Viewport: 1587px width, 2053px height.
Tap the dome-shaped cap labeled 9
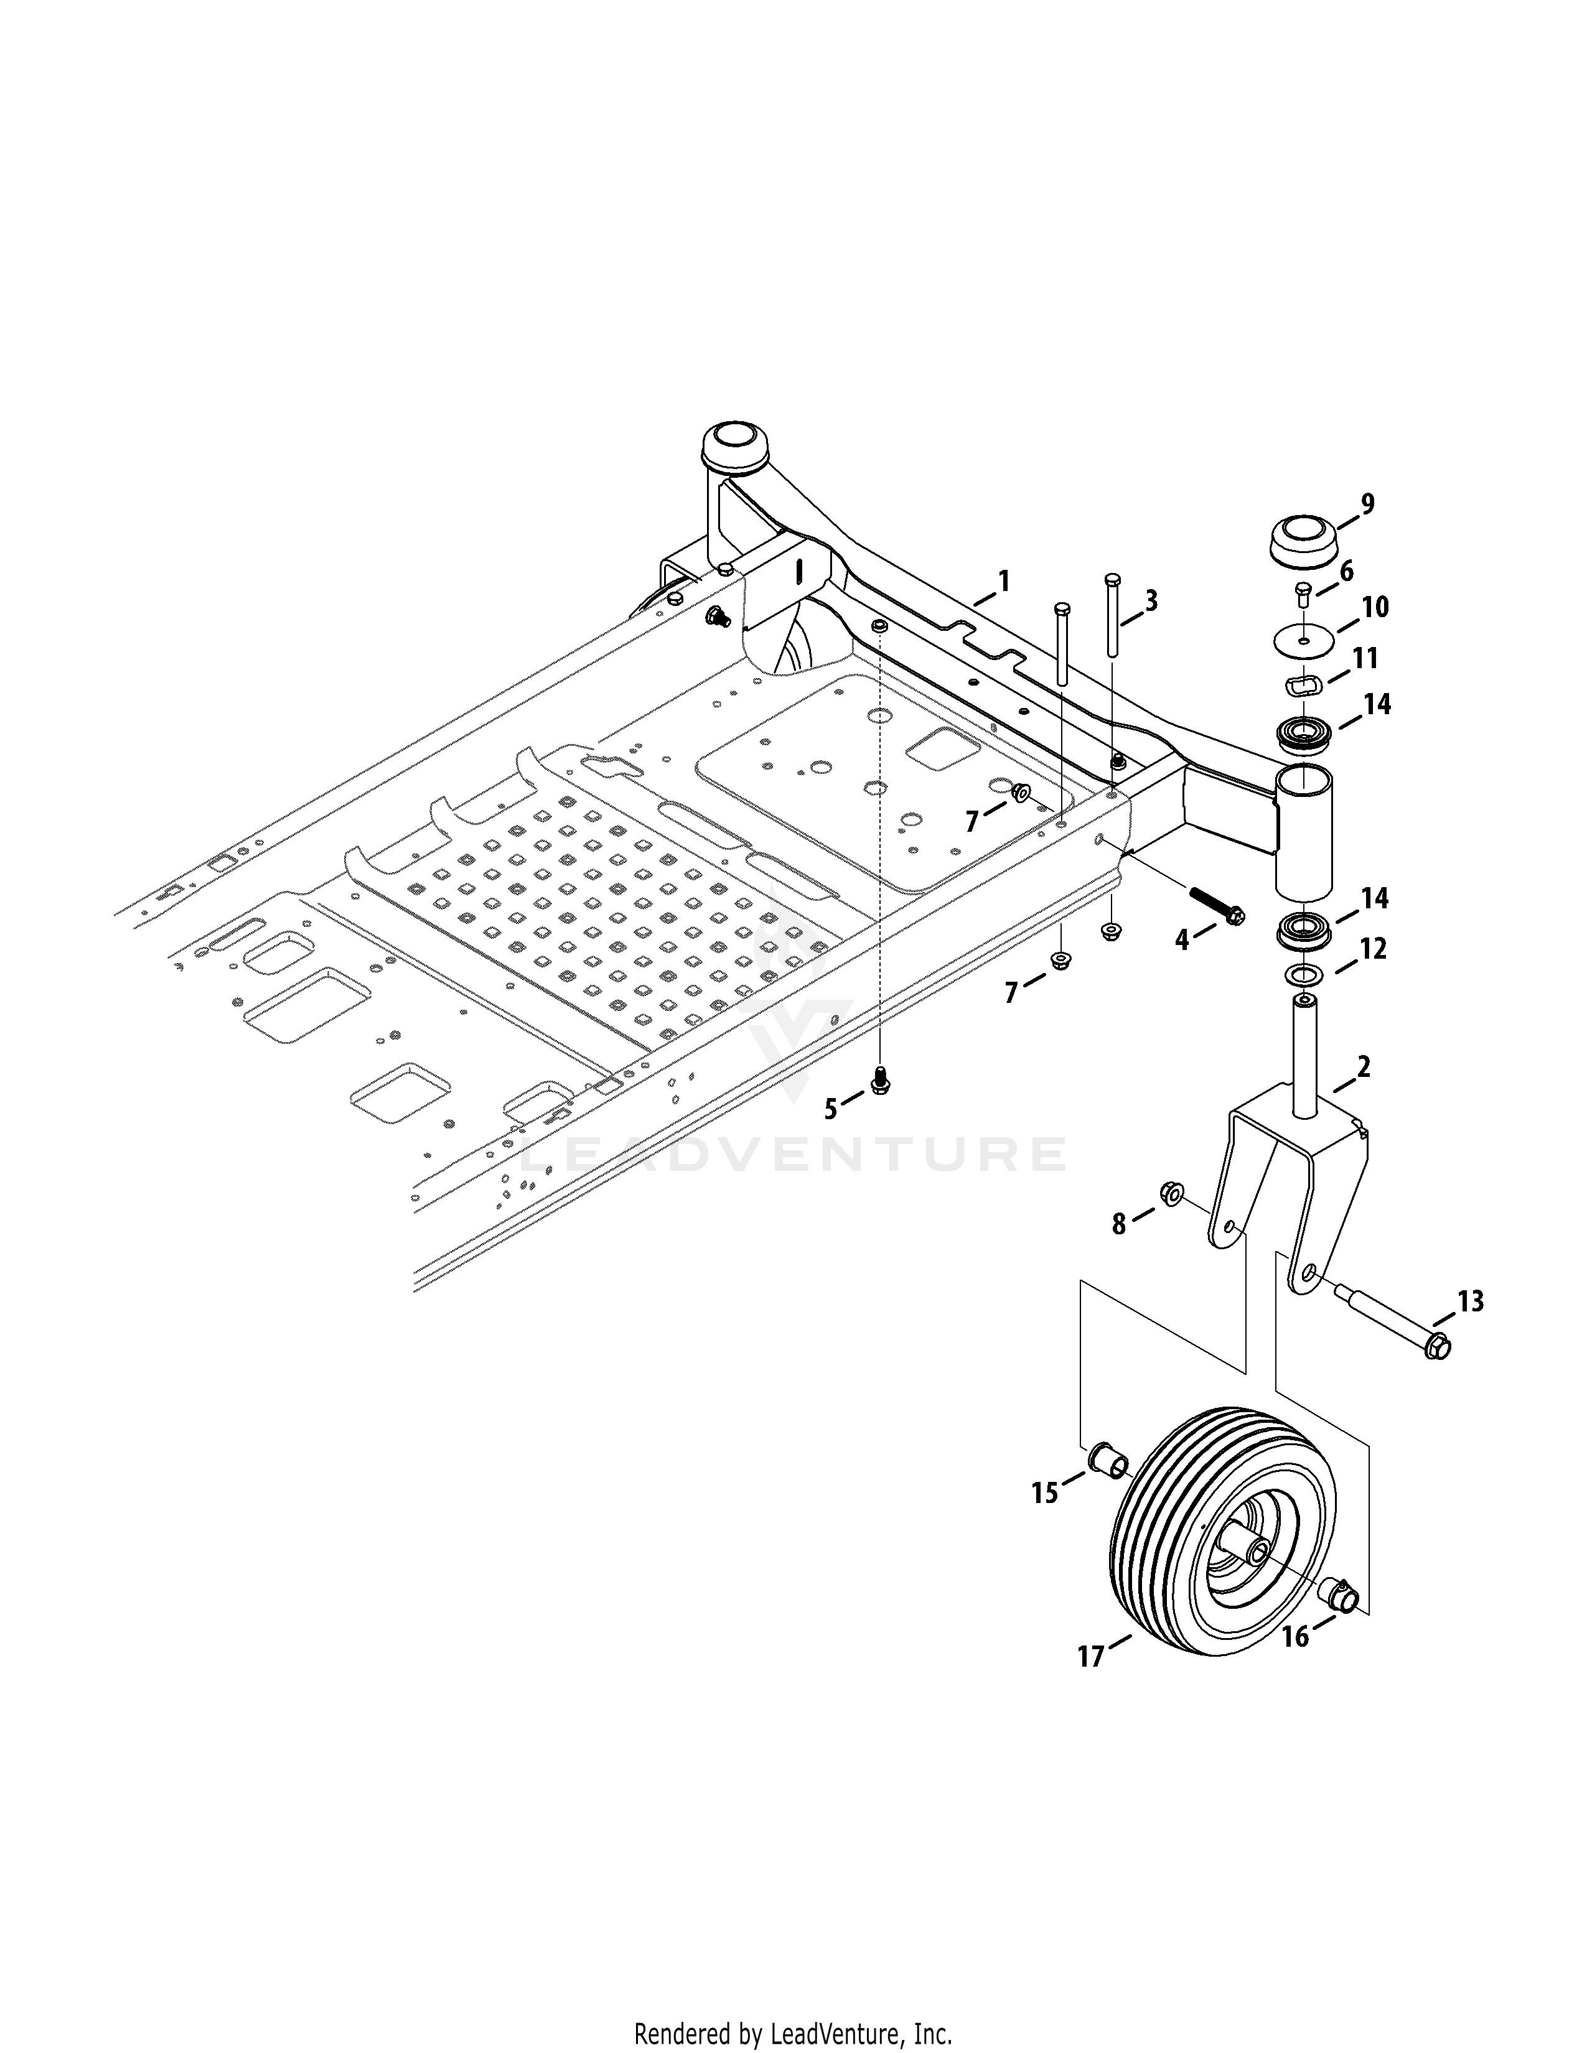[1303, 543]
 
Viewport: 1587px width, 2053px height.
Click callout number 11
[1365, 659]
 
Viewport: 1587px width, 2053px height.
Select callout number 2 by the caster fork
[1363, 1068]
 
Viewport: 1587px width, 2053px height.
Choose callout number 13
[1469, 1302]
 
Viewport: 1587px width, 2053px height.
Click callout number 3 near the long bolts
[1151, 601]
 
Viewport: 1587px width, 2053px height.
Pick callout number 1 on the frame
[1004, 581]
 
